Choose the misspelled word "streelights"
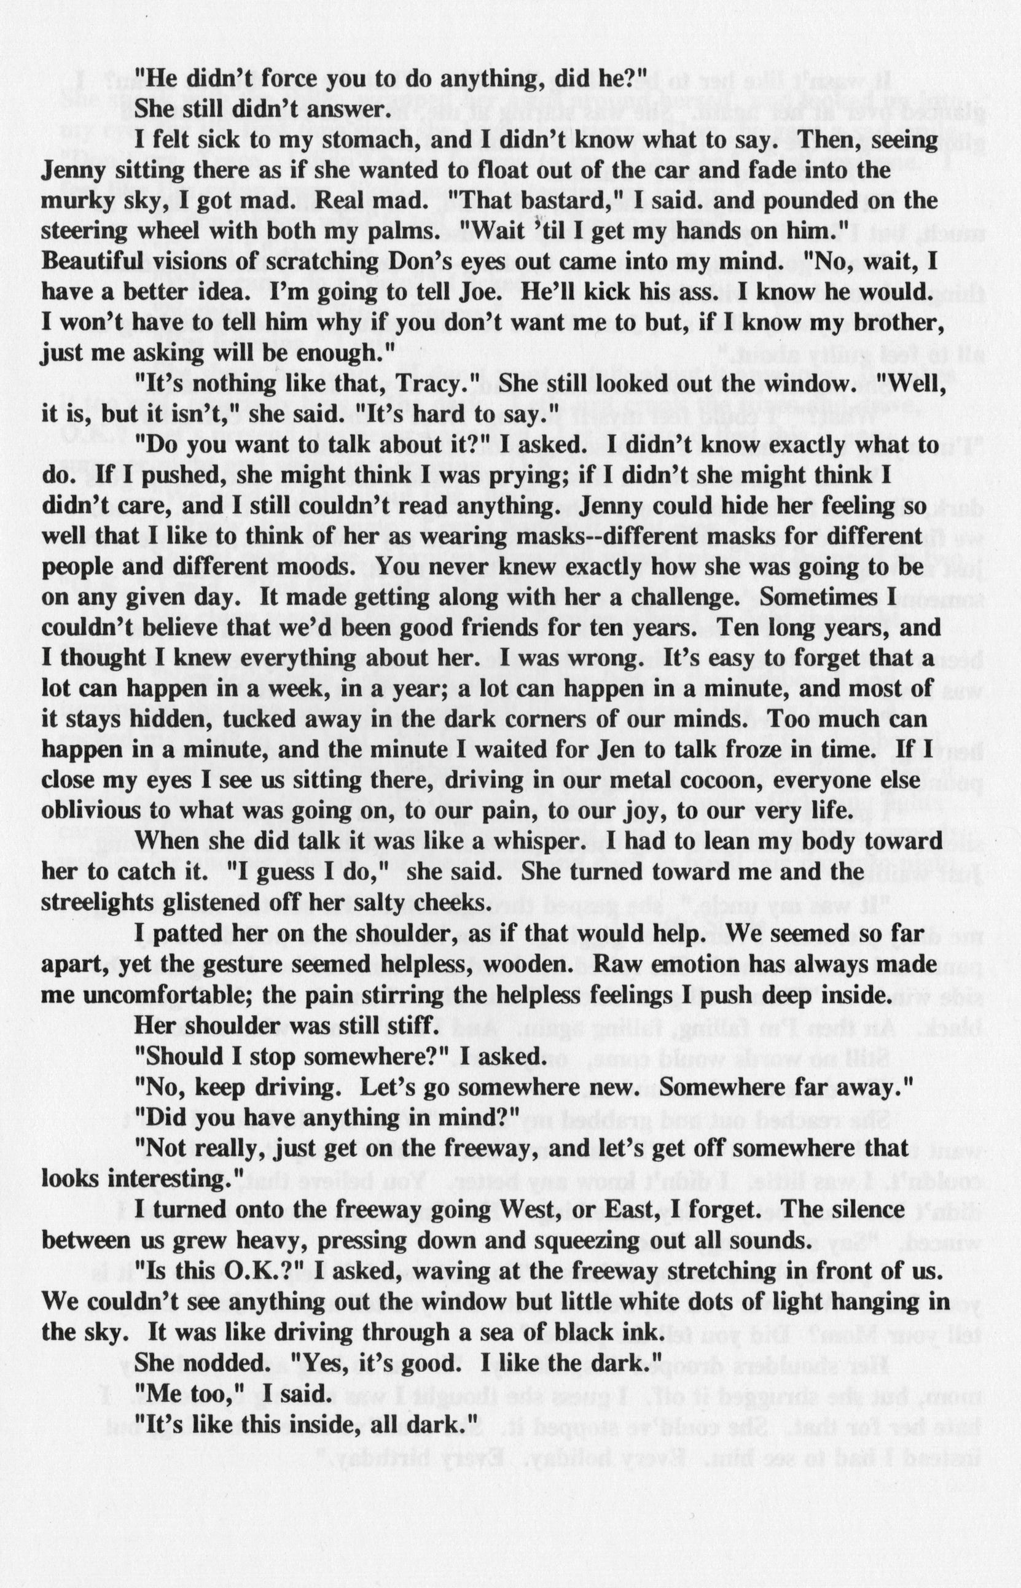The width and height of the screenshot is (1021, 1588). click(107, 902)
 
